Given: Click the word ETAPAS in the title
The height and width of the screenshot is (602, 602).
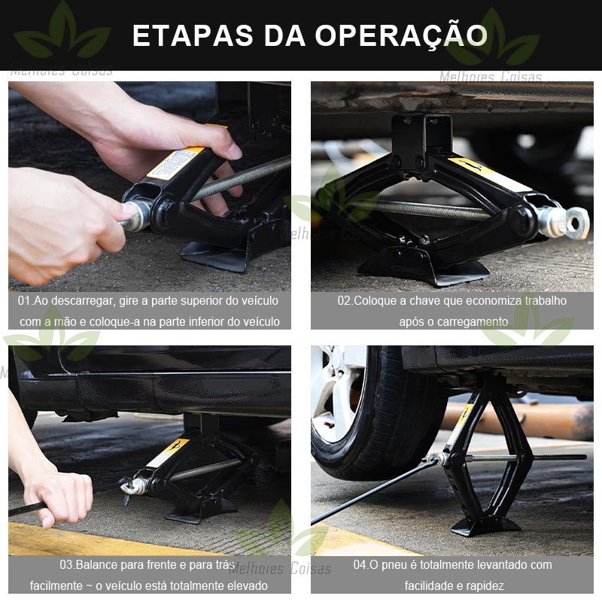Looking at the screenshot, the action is [x=193, y=35].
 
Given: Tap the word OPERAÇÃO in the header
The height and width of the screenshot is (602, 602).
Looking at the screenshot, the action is [x=401, y=35].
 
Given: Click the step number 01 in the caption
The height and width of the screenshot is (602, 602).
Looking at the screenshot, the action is [x=24, y=300].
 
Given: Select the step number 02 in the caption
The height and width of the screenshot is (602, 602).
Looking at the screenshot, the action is [x=344, y=300].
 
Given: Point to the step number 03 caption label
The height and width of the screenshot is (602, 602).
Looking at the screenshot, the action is [x=66, y=565].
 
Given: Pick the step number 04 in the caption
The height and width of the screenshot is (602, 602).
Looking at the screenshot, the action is [x=360, y=565].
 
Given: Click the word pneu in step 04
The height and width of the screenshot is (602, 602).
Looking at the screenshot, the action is [x=394, y=566].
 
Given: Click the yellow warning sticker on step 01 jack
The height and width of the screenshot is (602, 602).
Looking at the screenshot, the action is [x=176, y=163].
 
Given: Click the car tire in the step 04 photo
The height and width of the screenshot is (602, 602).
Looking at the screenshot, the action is [x=379, y=415].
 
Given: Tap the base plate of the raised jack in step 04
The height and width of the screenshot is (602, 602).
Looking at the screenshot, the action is [x=485, y=525].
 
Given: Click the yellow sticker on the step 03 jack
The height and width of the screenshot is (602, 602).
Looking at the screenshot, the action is [x=169, y=452].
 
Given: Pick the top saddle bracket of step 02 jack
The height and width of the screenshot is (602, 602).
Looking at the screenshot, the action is [x=421, y=138].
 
